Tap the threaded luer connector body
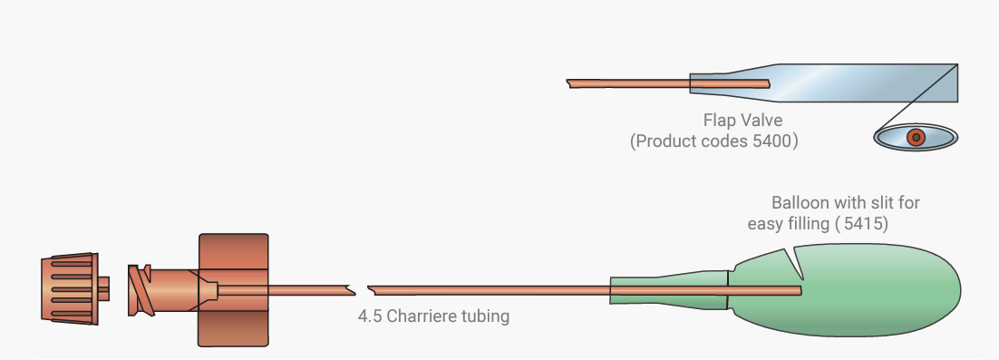(162, 290)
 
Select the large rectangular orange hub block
(233, 290)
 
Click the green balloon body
(848, 290)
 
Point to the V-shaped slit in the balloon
(794, 263)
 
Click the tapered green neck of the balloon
(669, 290)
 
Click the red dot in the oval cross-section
(916, 136)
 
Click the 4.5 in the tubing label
(370, 316)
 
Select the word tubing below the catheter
(489, 316)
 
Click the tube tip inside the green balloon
(800, 290)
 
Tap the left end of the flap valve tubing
(567, 83)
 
